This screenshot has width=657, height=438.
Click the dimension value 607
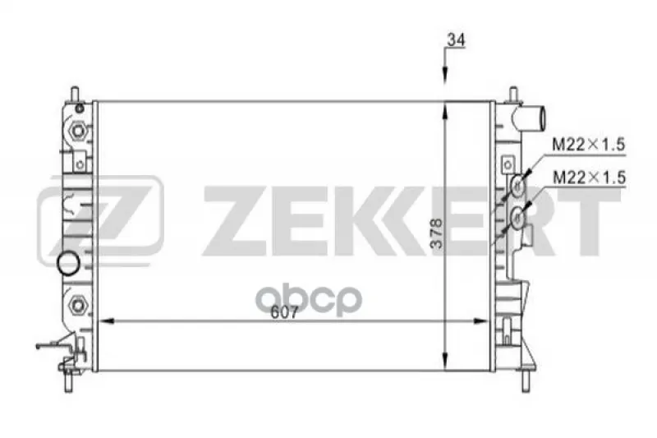pos(284,312)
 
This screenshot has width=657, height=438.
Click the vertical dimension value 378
pos(436,233)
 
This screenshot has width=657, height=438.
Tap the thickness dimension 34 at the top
pos(456,39)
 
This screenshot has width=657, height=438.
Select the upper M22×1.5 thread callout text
pos(588,145)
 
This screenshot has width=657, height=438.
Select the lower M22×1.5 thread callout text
pos(589,178)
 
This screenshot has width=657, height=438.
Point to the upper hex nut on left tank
pos(77,131)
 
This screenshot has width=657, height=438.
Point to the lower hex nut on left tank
pos(77,304)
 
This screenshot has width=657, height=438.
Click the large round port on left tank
pos(68,263)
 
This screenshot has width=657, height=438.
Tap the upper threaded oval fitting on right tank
pos(518,185)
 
